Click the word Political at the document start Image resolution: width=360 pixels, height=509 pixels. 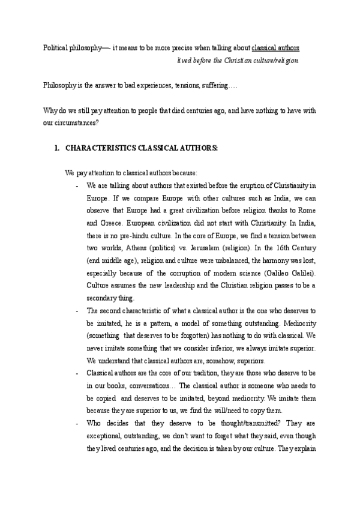click(x=56, y=47)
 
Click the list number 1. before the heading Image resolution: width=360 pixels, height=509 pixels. click(x=57, y=148)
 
